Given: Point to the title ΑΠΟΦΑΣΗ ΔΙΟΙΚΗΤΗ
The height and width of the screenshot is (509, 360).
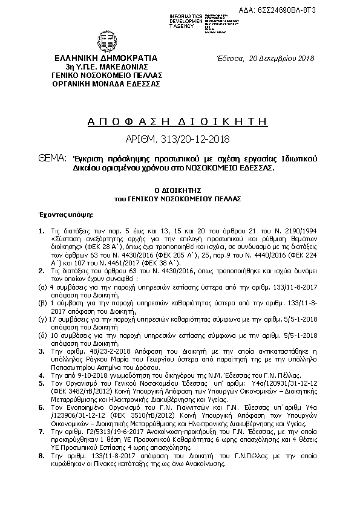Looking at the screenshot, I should [179, 121].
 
